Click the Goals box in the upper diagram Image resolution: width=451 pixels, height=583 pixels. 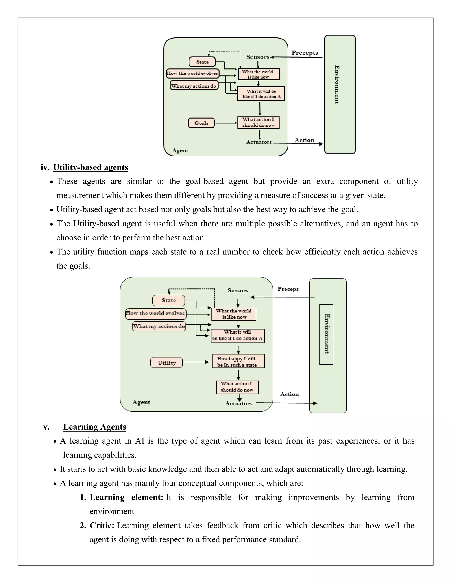tap(201, 123)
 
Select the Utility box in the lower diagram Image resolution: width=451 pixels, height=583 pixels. tap(166, 363)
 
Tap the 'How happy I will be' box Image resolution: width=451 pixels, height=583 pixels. tap(238, 361)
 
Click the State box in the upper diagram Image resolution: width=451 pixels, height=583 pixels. tap(202, 62)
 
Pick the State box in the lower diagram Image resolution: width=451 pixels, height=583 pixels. tap(169, 300)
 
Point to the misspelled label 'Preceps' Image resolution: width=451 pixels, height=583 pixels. tap(288, 289)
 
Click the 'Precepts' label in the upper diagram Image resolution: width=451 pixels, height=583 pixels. tap(305, 53)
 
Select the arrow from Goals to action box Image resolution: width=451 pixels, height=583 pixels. tap(226, 123)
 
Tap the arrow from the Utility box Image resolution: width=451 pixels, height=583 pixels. tap(196, 362)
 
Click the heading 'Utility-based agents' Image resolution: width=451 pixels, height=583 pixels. tap(91, 167)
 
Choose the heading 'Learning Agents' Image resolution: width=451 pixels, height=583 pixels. tap(94, 427)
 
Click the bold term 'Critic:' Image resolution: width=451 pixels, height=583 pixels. tap(102, 525)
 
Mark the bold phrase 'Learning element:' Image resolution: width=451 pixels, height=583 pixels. tap(126, 497)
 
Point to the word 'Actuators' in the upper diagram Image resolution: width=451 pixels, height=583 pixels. tap(259, 142)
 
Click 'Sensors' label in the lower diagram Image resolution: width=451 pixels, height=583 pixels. tap(238, 290)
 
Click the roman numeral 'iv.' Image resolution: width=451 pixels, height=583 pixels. tap(45, 167)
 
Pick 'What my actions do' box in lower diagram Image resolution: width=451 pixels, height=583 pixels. tap(159, 326)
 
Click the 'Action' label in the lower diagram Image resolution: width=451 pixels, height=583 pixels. tap(289, 394)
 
